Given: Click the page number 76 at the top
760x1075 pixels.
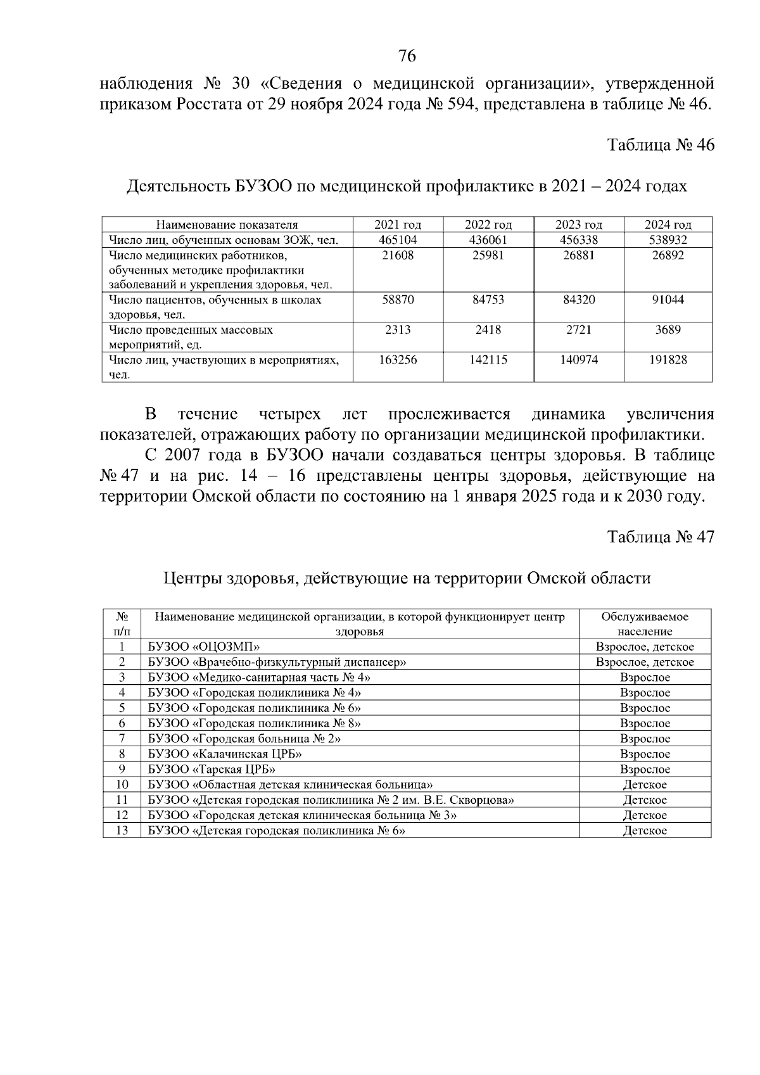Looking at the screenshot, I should [407, 56].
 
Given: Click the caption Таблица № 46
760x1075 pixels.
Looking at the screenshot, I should [661, 145].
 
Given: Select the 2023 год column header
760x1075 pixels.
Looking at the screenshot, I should [578, 225].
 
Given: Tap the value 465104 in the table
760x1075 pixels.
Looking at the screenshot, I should [398, 240].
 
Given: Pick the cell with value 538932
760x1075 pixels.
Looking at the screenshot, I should [668, 240].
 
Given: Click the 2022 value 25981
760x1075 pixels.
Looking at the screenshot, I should [488, 255].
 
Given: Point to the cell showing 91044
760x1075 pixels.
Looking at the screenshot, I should [668, 300].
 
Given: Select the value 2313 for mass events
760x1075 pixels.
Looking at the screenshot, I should [398, 330].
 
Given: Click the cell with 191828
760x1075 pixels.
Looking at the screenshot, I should [668, 360].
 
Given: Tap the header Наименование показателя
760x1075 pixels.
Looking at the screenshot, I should [227, 225].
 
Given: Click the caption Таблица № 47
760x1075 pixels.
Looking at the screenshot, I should [661, 537].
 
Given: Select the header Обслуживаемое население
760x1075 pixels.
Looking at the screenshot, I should [644, 624].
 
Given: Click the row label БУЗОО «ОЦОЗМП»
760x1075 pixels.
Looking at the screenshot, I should [204, 647].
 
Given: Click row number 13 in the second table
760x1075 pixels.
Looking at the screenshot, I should [122, 830].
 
